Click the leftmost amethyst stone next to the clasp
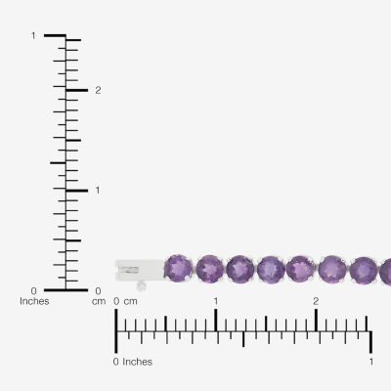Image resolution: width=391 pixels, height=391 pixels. tap(178, 269)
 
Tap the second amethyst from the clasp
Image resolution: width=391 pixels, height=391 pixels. tap(210, 269)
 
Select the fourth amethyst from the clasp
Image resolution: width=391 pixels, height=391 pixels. tap(271, 270)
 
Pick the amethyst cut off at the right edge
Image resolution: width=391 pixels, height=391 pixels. tap(385, 272)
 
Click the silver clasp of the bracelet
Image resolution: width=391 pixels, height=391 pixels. tap(141, 270)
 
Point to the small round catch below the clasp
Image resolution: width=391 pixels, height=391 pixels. tap(142, 286)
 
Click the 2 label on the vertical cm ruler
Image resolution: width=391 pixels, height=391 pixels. tap(98, 90)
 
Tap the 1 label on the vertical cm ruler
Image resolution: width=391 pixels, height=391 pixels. tap(98, 190)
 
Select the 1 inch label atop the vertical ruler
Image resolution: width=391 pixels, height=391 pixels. tap(33, 35)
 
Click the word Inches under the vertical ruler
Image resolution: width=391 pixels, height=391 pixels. tap(34, 301)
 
